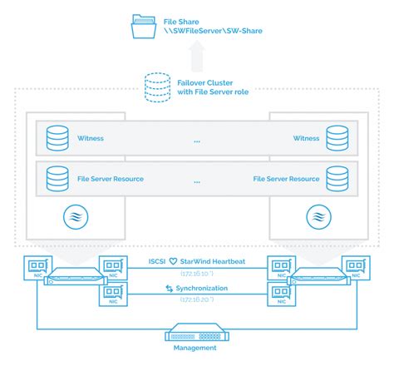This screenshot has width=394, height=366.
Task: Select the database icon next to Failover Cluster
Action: (x=155, y=87)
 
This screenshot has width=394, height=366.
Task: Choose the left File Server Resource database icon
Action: (x=57, y=177)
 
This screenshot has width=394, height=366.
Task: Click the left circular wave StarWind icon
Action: (x=76, y=218)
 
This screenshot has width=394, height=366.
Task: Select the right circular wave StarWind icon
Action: (x=318, y=218)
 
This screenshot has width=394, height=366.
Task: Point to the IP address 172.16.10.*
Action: (x=197, y=273)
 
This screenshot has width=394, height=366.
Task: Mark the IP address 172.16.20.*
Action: (x=197, y=299)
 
